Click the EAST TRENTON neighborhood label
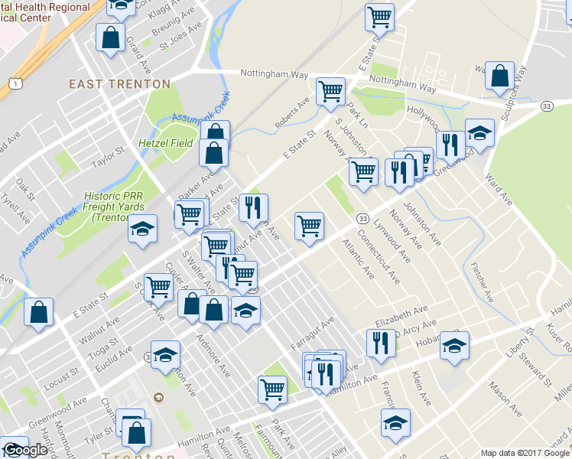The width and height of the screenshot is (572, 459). [x=119, y=83]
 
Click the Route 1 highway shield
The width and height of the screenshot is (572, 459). [x=14, y=82]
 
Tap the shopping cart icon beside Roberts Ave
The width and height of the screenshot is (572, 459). [x=330, y=92]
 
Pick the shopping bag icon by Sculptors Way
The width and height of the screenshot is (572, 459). [x=499, y=76]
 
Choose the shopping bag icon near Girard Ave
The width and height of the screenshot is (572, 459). [x=112, y=37]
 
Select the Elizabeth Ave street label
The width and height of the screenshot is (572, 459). [x=401, y=314]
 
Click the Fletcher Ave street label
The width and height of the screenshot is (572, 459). [x=483, y=283]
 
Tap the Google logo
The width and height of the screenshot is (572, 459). [x=25, y=450]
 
